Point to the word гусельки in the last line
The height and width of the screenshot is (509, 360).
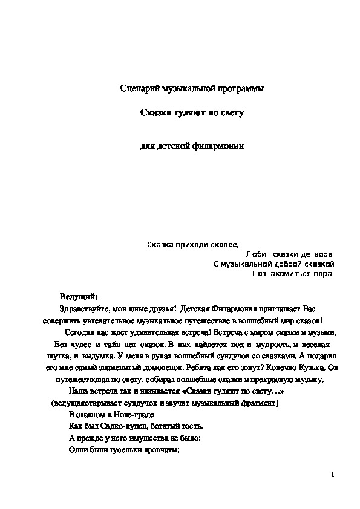122,450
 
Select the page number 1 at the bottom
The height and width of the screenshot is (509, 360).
333,475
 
